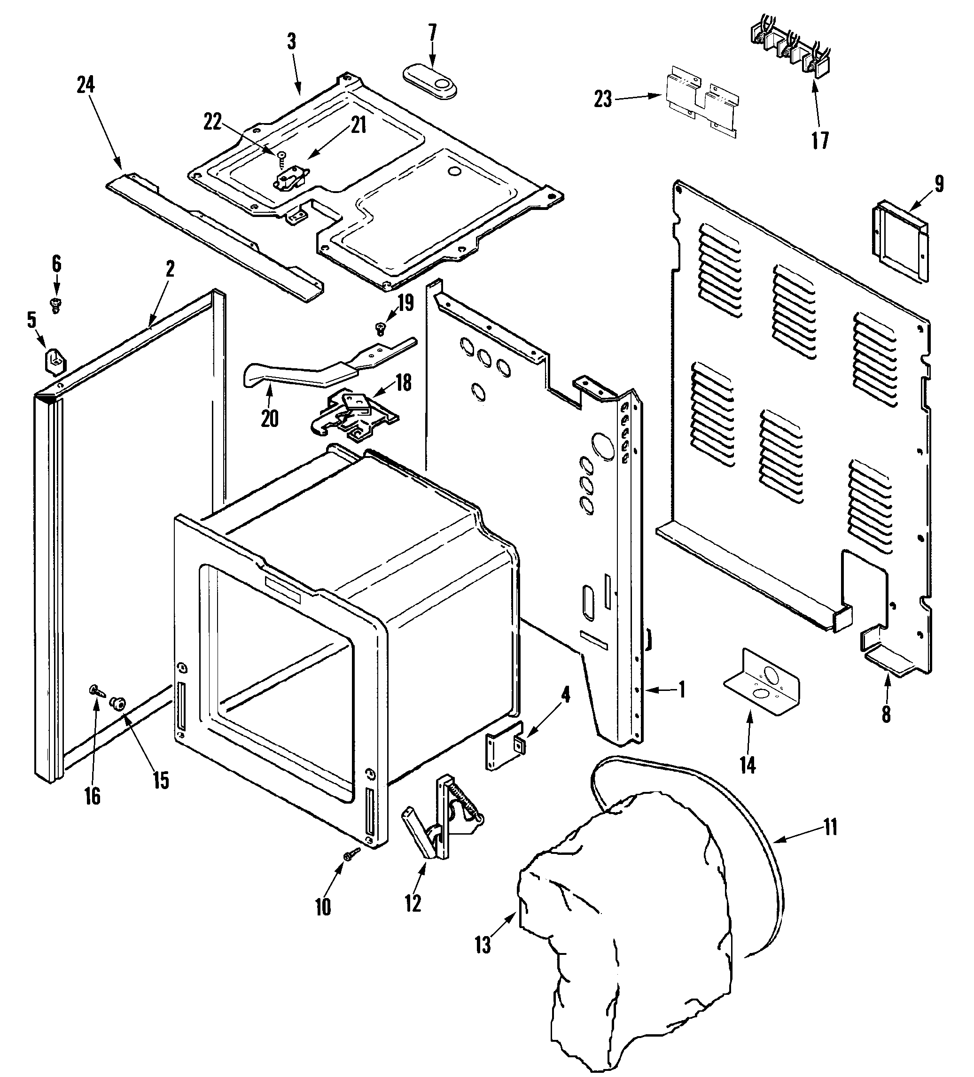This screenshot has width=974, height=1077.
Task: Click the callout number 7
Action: [x=432, y=33]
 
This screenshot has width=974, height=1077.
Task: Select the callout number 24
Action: [x=86, y=85]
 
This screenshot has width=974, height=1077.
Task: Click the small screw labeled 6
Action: [x=55, y=304]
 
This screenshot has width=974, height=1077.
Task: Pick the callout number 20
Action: [x=270, y=418]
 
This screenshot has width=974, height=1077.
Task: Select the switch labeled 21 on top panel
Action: [x=288, y=180]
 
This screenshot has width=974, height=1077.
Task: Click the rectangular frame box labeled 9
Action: [x=901, y=241]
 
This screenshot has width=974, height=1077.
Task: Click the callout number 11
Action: [x=830, y=827]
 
